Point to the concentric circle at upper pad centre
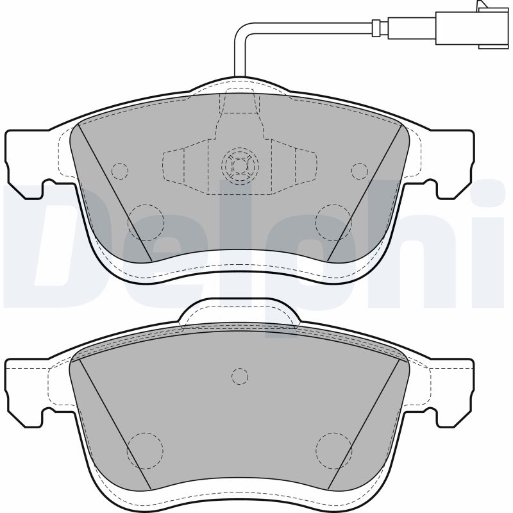click(239, 167)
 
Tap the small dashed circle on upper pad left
click(119, 171)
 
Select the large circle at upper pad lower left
click(146, 222)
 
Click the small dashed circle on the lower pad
click(239, 376)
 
